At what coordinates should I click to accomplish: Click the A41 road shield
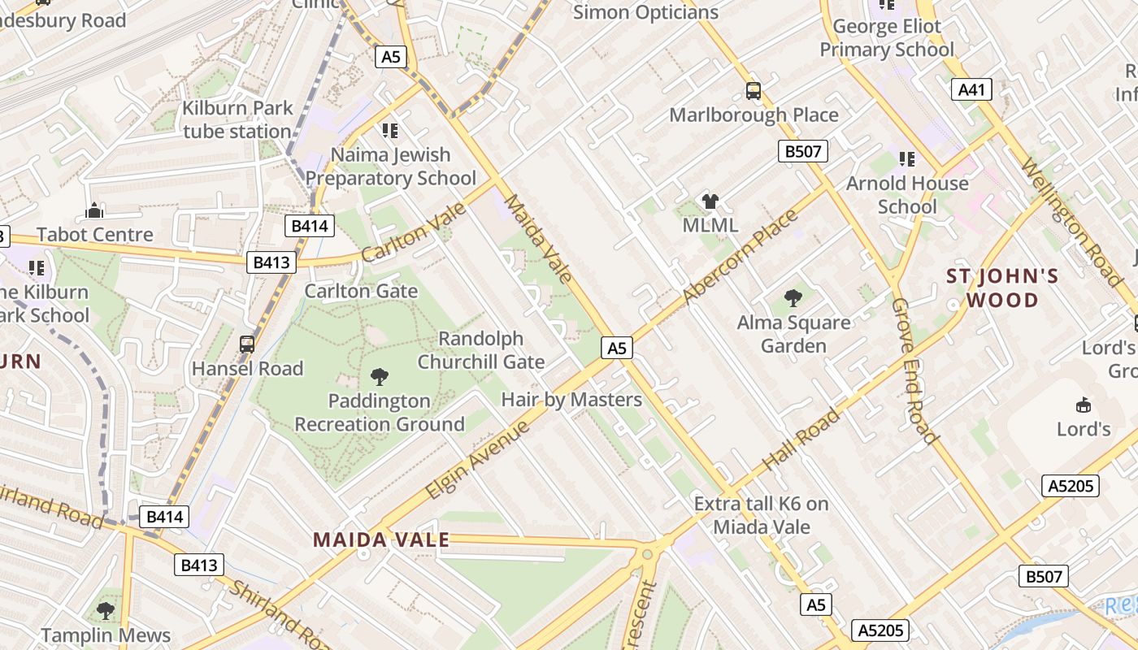point(971,89)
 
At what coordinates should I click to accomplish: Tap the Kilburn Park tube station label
point(237,119)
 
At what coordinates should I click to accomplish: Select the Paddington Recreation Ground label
point(380,412)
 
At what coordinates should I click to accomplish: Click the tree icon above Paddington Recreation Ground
point(379,376)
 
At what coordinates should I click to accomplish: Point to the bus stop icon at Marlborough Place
point(754,91)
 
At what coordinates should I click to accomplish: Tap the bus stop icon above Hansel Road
point(247,344)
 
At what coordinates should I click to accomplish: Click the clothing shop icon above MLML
point(710,201)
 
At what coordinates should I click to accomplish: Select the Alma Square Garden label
point(793,334)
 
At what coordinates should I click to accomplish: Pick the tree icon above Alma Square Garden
point(793,298)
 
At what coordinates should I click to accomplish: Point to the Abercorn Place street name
point(740,257)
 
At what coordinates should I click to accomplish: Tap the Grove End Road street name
point(914,370)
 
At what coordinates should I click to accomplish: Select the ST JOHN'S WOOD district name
point(1002,288)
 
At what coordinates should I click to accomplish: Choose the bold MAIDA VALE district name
point(381,539)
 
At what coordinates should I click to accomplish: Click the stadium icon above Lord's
point(1084,405)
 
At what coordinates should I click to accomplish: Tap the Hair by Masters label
point(571,399)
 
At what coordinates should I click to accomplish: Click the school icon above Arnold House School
point(907,159)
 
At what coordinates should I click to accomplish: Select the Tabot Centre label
point(94,235)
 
